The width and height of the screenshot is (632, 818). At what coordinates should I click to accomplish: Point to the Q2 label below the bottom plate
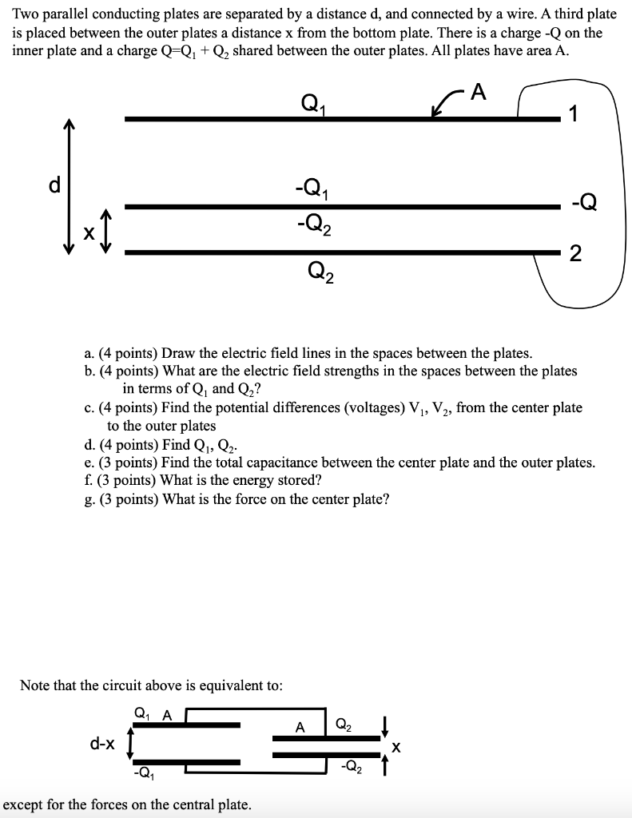pos(320,273)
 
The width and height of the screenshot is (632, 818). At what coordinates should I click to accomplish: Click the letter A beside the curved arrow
pos(478,93)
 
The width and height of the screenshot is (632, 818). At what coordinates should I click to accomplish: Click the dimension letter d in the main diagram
pos(54,185)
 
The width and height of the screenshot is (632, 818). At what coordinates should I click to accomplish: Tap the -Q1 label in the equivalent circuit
pos(142,772)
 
